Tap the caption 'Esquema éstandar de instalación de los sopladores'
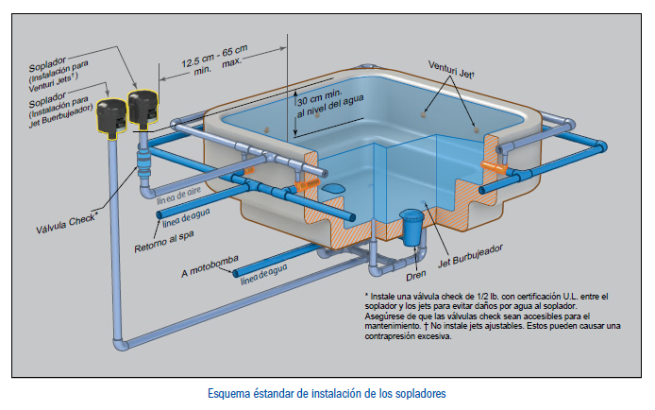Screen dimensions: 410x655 pos(327,391)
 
